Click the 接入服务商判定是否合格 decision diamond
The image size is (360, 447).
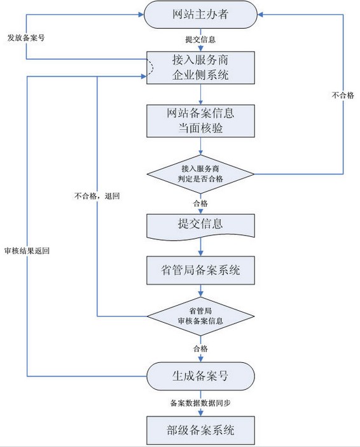[201, 174]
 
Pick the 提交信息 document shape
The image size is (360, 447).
[201, 224]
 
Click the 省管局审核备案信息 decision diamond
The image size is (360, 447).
[201, 316]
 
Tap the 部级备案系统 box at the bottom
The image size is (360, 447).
[201, 430]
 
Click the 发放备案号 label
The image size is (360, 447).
[26, 38]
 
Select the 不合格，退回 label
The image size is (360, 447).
[97, 196]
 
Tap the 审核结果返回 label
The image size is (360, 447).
[27, 251]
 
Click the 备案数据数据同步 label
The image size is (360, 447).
[201, 402]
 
